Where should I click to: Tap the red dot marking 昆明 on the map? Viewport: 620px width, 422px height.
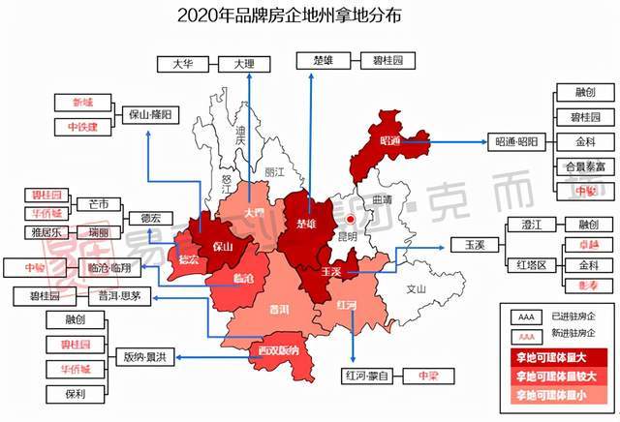click(338, 205)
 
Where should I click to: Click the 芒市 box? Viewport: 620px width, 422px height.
click(99, 204)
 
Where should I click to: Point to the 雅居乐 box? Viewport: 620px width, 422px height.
click(46, 232)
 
